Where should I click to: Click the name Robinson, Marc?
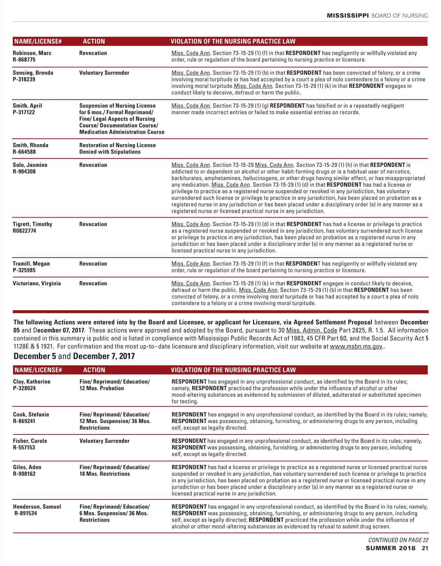pyautogui.click(x=32, y=53)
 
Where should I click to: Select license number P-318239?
pyautogui.click(x=24, y=79)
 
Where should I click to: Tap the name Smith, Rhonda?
pyautogui.click(x=31, y=145)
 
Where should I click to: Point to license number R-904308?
pyautogui.click(x=24, y=172)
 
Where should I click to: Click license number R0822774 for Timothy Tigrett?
pyautogui.click(x=24, y=231)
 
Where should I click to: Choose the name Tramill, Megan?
pyautogui.click(x=31, y=264)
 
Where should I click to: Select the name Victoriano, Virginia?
pyautogui.click(x=37, y=283)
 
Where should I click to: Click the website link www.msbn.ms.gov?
pyautogui.click(x=356, y=346)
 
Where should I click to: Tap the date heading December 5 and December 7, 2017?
pyautogui.click(x=74, y=356)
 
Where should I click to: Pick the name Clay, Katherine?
pyautogui.click(x=32, y=381)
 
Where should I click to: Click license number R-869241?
pyautogui.click(x=24, y=421)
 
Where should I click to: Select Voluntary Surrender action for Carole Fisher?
pyautogui.click(x=104, y=441)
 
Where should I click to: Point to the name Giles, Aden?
pyautogui.click(x=27, y=467)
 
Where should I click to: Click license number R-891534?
pyautogui.click(x=25, y=513)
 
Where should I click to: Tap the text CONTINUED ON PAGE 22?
pyautogui.click(x=398, y=540)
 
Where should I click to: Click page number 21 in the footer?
pyautogui.click(x=425, y=548)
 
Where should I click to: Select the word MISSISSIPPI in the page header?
pyautogui.click(x=348, y=15)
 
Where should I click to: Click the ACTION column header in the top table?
pyautogui.click(x=94, y=42)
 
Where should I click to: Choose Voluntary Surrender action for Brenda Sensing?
pyautogui.click(x=104, y=73)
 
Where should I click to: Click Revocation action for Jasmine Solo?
pyautogui.click(x=93, y=165)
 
